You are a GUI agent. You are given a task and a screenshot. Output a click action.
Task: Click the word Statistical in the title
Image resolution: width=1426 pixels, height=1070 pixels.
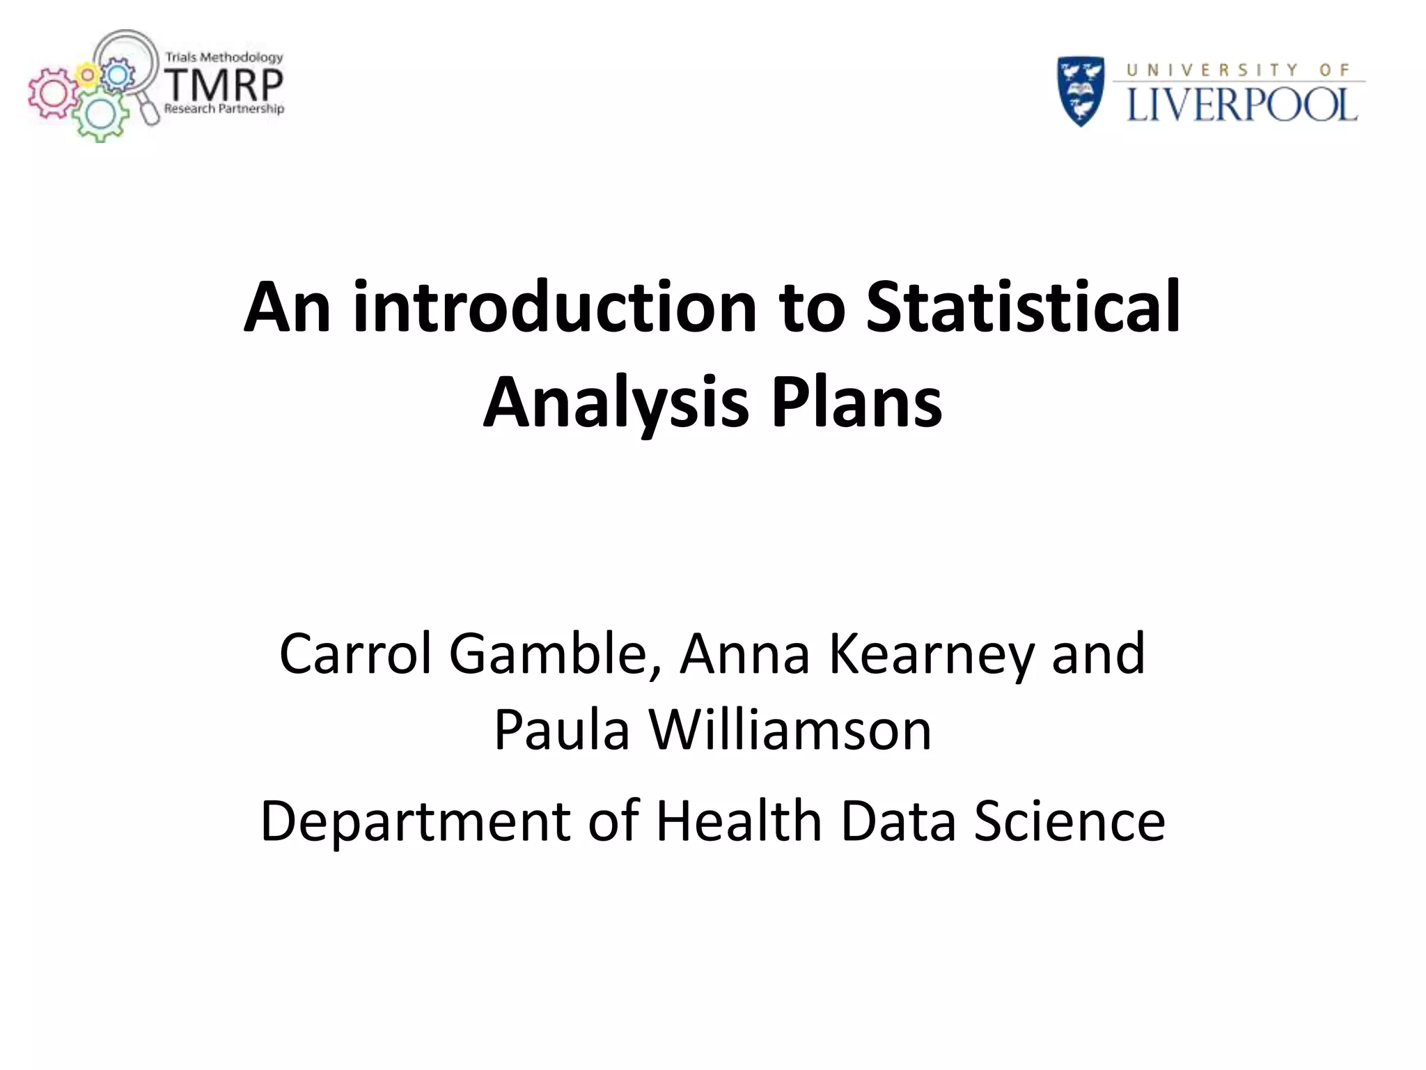[1023, 307]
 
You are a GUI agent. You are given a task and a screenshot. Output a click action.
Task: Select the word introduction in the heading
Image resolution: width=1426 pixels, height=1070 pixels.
[555, 307]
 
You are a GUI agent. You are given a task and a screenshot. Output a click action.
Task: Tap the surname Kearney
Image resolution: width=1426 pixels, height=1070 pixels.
[931, 654]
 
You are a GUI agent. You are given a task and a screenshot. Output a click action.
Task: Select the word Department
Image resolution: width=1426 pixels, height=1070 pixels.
[415, 822]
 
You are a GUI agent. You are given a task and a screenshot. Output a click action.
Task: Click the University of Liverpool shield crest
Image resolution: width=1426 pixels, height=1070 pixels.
[1081, 91]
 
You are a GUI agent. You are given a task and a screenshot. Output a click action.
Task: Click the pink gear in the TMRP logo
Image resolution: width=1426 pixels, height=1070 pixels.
[49, 95]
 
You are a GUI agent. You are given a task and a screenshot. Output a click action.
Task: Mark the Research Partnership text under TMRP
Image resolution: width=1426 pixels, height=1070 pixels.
[224, 109]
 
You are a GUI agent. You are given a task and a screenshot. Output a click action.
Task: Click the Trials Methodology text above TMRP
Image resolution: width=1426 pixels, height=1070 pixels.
[224, 57]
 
